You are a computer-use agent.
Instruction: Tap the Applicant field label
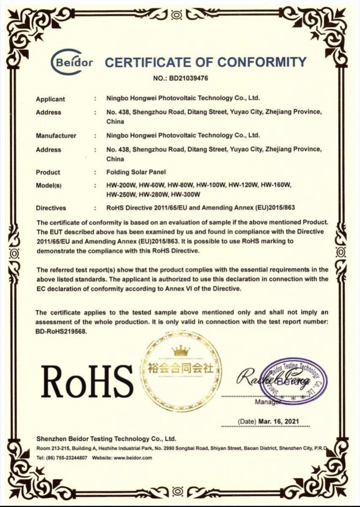pos(50,99)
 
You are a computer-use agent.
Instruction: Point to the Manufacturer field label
pos(56,136)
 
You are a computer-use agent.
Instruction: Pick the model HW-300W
pos(184,194)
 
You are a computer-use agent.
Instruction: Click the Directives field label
pos(51,208)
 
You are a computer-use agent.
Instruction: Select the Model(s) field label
pos(50,186)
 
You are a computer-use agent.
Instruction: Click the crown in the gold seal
pos(181,350)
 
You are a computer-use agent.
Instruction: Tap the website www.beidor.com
pos(133,458)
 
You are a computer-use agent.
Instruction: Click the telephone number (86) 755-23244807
pos(68,458)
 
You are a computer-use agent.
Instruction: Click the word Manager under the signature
pos(267,402)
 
